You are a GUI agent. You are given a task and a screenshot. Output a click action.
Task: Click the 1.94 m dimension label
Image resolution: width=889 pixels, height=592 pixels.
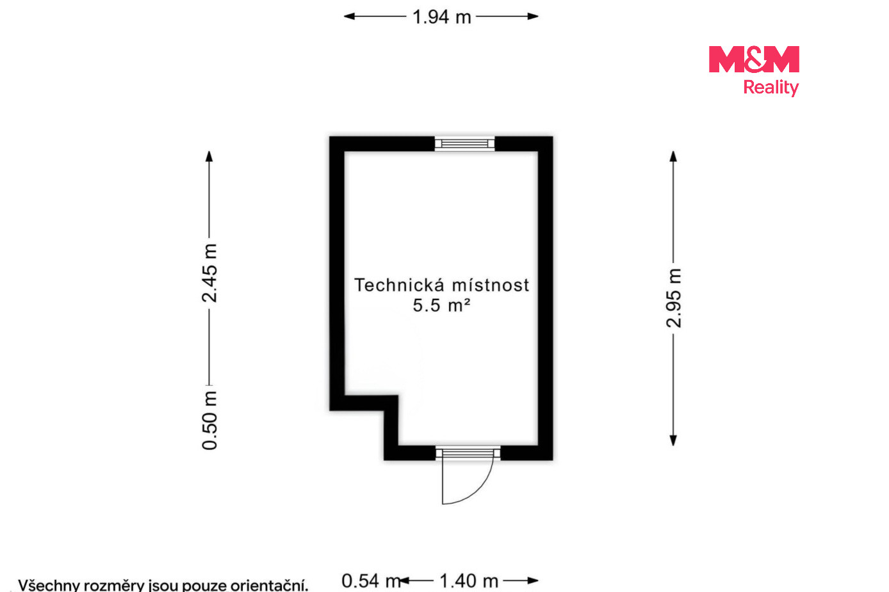pos(441,17)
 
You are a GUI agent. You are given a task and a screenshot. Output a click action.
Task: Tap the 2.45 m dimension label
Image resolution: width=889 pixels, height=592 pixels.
pos(209,273)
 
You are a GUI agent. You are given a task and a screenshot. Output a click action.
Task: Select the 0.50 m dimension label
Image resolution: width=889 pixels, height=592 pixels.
pos(209,420)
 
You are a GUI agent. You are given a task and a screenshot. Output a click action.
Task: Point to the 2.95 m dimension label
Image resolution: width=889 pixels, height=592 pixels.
pos(674,298)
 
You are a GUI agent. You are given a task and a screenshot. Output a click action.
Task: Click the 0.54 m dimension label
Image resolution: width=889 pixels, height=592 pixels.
pos(371,581)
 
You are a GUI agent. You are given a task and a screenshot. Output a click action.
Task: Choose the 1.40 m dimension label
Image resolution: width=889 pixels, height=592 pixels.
pos(469,581)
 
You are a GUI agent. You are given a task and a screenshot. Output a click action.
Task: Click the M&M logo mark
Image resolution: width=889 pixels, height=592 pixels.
pos(754,60)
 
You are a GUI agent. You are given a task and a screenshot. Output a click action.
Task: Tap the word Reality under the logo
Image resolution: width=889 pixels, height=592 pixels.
pos(771,88)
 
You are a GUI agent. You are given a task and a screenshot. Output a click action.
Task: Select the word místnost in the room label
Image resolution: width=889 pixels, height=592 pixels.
pos(491,285)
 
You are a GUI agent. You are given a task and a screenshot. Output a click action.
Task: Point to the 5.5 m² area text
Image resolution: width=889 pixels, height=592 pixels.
pos(441,305)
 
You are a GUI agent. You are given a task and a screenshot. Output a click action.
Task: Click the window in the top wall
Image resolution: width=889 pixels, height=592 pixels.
pos(464,143)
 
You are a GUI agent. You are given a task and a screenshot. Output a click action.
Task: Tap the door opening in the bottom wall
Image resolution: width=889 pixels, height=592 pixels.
pos(468,453)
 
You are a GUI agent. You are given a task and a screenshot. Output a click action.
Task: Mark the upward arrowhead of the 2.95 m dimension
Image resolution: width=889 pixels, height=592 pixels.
pos(673,156)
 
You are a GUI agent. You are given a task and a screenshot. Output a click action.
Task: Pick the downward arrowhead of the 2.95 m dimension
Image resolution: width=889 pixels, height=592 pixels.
pos(673,440)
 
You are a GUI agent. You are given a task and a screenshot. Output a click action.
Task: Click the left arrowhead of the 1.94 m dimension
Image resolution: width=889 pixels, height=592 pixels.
pos(349,16)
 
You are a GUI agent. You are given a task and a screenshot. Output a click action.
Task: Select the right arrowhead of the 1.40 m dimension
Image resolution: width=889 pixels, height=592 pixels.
pos(533,581)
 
